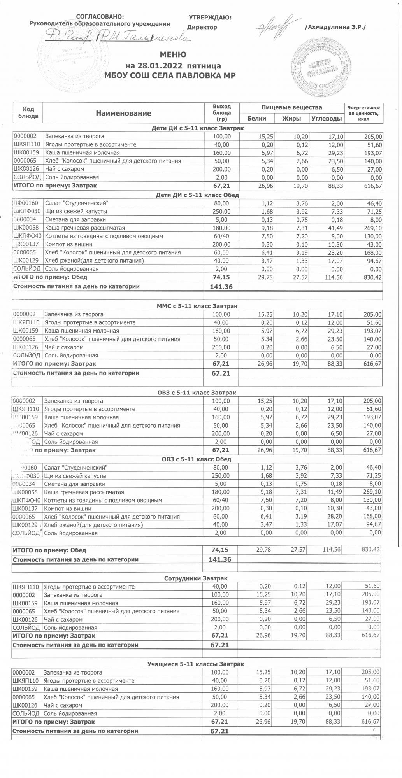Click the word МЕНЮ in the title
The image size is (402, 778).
pyautogui.click(x=173, y=55)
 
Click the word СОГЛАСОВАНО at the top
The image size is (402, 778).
pyautogui.click(x=100, y=17)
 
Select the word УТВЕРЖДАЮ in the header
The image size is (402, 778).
pyautogui.click(x=210, y=18)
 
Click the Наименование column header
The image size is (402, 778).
pyautogui.click(x=123, y=113)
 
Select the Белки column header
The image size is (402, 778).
pyautogui.click(x=256, y=119)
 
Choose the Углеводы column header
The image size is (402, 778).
pyautogui.click(x=327, y=119)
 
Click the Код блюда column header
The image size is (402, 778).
pyautogui.click(x=28, y=113)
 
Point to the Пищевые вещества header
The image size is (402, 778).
pyautogui.click(x=291, y=107)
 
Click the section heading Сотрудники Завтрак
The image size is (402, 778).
pyautogui.click(x=196, y=578)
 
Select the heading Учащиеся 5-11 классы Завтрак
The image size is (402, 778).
pyautogui.click(x=196, y=664)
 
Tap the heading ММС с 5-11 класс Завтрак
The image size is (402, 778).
pyautogui.click(x=197, y=306)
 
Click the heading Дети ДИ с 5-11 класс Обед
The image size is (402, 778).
pyautogui.click(x=197, y=195)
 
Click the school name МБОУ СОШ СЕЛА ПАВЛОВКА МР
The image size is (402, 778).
pyautogui.click(x=173, y=75)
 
